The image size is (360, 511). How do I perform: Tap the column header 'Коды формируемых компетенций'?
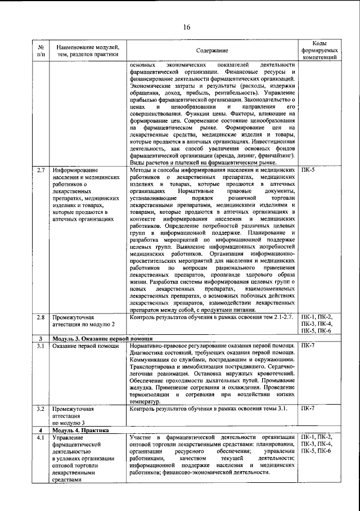pos(319,51)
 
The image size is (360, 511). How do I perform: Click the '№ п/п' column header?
pos(41,51)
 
